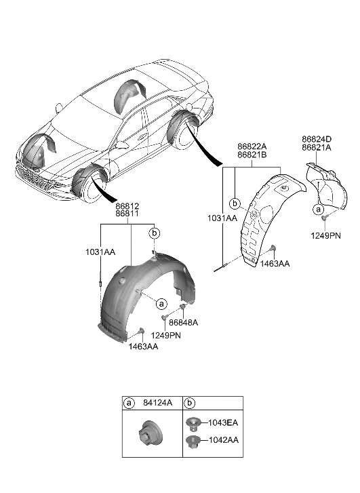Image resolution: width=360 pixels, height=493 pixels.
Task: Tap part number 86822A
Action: coord(252,146)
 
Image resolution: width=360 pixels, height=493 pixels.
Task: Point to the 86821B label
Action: coord(252,155)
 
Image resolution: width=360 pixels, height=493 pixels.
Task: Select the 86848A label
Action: coord(184,323)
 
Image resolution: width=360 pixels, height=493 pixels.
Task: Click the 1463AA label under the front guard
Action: coord(142,346)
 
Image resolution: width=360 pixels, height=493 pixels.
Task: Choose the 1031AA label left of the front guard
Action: coord(101,252)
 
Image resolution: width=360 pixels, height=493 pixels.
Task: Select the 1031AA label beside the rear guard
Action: coord(223,218)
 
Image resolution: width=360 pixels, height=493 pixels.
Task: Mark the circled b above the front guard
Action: coord(154,233)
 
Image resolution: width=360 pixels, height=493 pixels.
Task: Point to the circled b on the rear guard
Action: coord(235,203)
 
